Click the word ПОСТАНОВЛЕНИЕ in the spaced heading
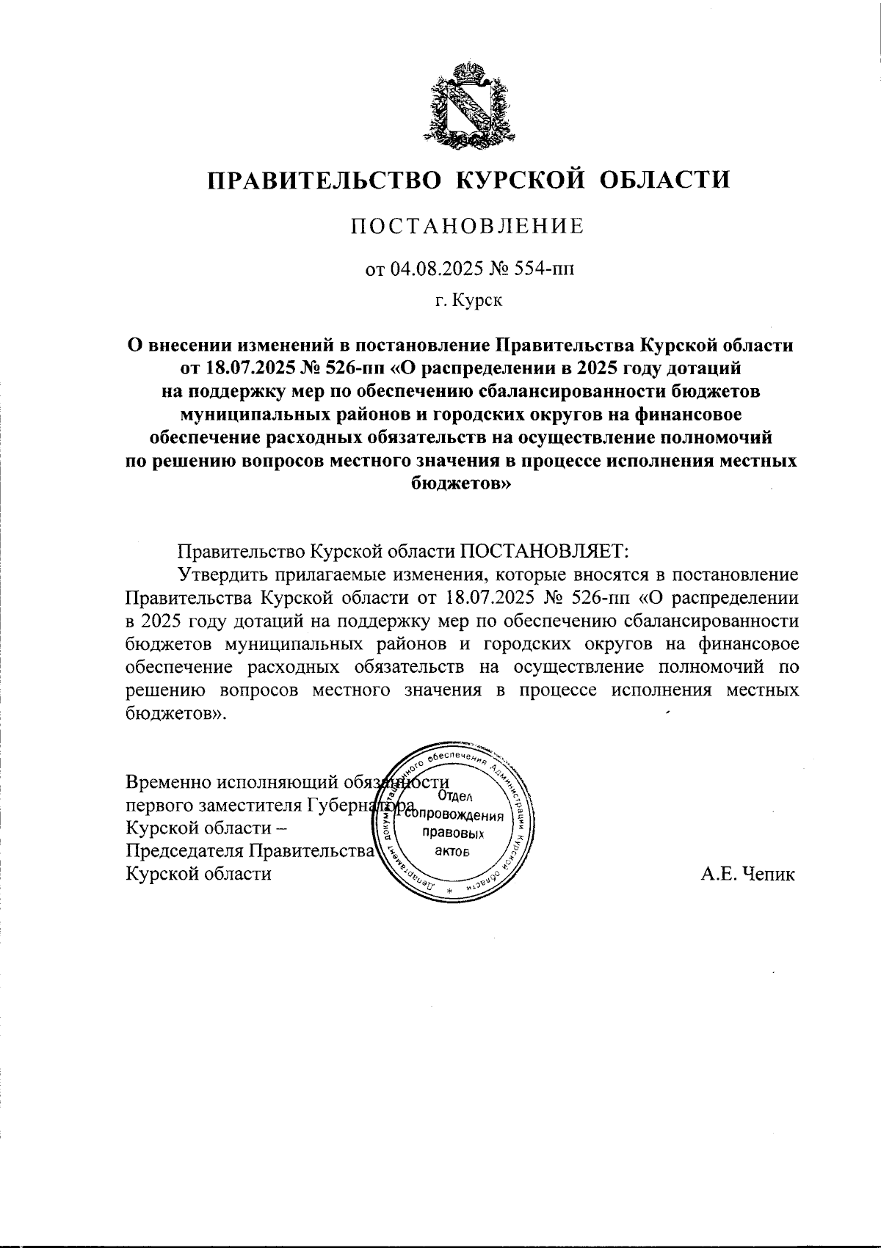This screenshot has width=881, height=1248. pyautogui.click(x=467, y=227)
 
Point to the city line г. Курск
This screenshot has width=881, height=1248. pyautogui.click(x=468, y=301)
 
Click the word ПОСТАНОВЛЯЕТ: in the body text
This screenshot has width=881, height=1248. pyautogui.click(x=545, y=550)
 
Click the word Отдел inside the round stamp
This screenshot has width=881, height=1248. pyautogui.click(x=454, y=797)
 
